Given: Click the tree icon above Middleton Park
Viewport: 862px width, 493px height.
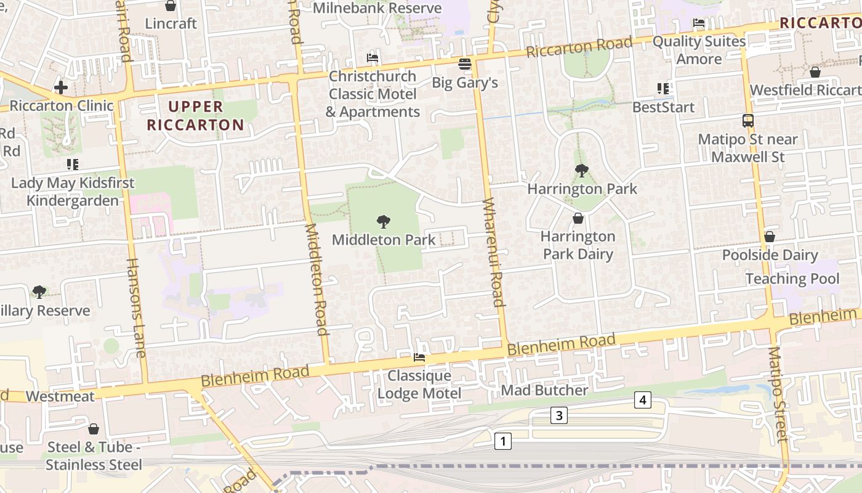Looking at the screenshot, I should tap(383, 221).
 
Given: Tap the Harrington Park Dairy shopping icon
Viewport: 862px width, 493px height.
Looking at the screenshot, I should tap(578, 218).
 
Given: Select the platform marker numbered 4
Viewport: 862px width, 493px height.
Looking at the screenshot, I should tap(642, 401).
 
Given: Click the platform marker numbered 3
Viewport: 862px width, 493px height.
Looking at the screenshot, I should tap(558, 415).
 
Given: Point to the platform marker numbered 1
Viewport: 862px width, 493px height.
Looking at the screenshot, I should tap(503, 441).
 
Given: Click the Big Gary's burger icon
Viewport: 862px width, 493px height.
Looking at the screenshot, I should tap(465, 64).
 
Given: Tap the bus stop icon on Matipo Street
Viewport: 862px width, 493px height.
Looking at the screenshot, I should tap(748, 121).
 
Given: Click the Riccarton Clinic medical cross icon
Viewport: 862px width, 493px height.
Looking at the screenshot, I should tap(61, 88).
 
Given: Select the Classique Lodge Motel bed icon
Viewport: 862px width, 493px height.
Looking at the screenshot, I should tap(419, 357).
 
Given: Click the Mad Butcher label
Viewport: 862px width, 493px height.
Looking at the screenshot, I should tap(544, 390).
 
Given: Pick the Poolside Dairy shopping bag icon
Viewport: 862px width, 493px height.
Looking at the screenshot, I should tap(769, 237).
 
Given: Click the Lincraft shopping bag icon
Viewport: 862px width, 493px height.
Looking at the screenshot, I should tap(171, 6).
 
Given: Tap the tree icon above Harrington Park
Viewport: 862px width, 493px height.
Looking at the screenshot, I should tap(581, 170).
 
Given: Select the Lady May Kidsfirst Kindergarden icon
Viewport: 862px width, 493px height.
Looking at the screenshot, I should tap(73, 165).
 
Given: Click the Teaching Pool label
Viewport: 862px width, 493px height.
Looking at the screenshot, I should tap(792, 279).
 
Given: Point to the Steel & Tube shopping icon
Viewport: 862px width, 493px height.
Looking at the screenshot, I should tap(94, 429).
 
